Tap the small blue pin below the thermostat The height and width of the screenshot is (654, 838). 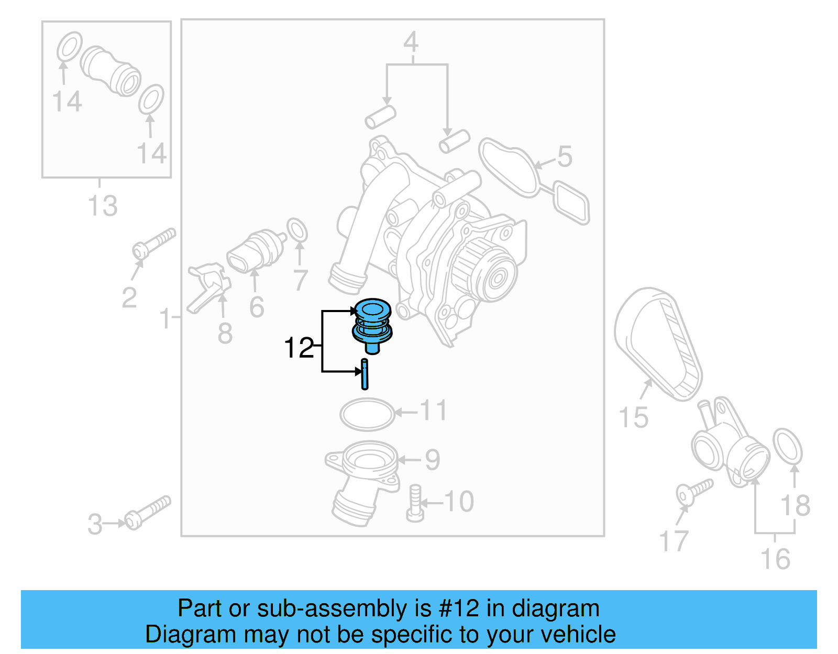click(365, 374)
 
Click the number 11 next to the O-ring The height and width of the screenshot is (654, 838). click(434, 411)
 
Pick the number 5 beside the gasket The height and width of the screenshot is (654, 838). click(565, 157)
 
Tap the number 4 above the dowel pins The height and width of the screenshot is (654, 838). click(411, 42)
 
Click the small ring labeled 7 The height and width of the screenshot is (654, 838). click(297, 230)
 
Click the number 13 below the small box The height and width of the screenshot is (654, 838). click(103, 206)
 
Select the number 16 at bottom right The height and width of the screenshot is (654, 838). click(775, 559)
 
